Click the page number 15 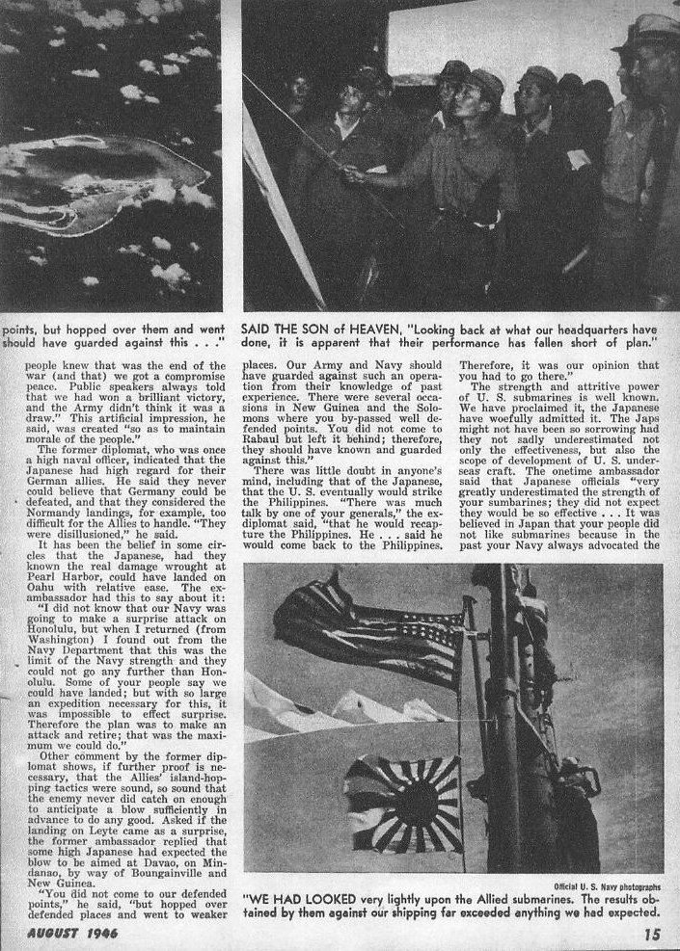coord(651,933)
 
